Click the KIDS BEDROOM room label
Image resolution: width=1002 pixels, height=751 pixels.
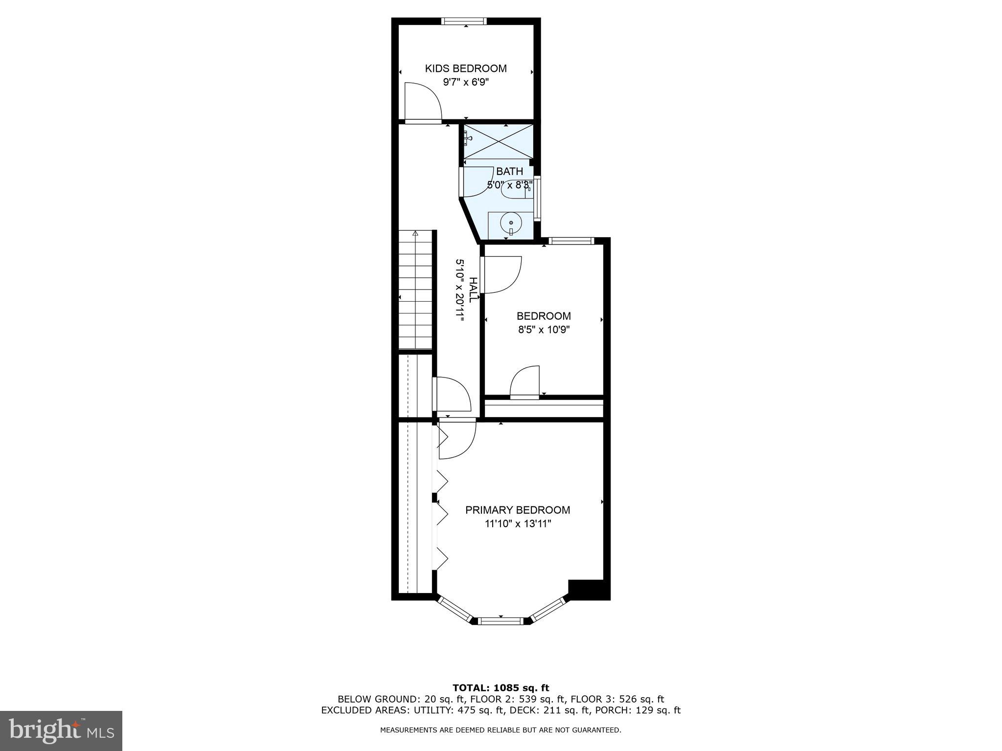click(465, 68)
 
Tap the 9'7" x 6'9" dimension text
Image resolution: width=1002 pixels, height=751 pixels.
click(465, 82)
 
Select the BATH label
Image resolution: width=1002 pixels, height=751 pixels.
click(509, 172)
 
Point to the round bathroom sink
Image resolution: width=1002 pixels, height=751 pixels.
click(511, 223)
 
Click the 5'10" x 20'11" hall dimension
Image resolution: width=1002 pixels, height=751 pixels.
click(460, 290)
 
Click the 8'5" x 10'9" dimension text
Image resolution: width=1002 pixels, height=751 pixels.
click(544, 330)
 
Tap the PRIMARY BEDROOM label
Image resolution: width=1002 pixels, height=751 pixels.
click(518, 510)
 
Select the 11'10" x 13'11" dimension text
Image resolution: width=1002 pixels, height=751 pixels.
click(518, 524)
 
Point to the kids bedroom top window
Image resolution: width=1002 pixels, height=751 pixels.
click(464, 21)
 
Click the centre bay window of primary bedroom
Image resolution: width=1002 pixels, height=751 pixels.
click(501, 621)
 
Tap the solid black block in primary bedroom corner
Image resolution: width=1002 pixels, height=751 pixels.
click(589, 589)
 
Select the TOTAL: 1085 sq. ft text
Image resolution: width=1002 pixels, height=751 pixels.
click(501, 688)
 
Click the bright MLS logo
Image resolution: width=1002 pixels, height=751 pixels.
click(61, 730)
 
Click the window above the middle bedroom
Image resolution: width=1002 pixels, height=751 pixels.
click(571, 241)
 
